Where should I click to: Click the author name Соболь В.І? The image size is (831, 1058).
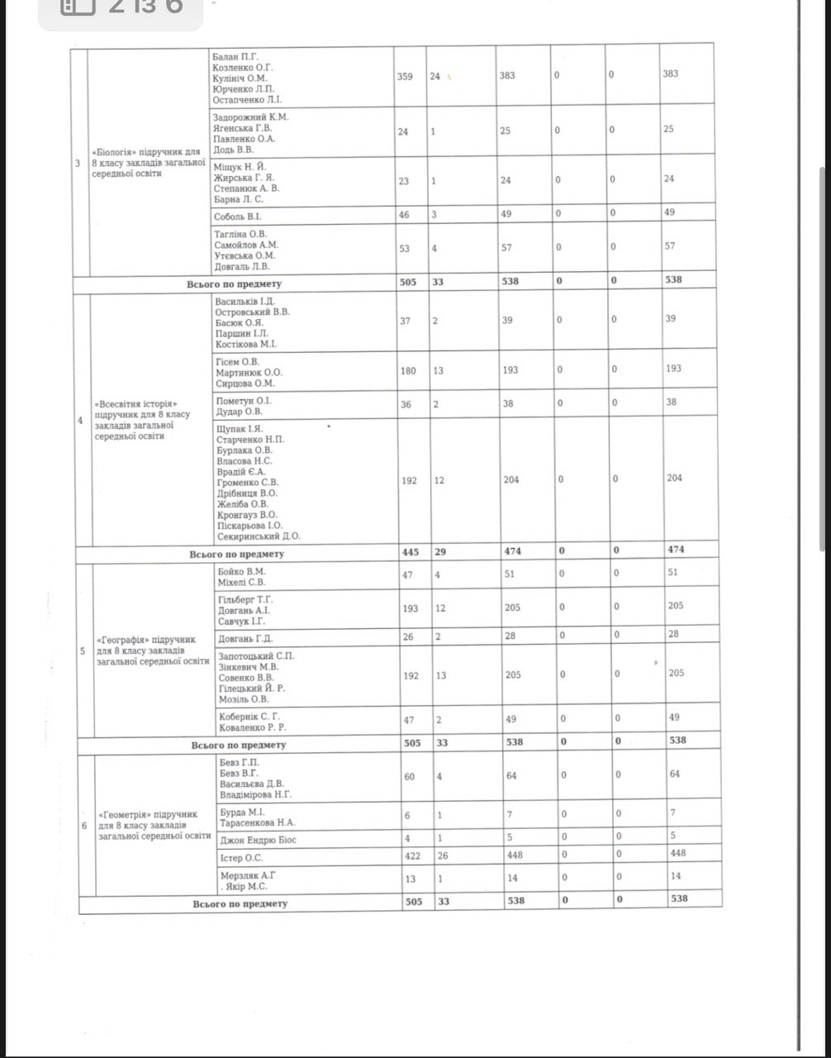tap(236, 214)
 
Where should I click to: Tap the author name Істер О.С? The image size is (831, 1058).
tap(242, 855)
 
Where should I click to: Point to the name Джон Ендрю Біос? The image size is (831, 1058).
tap(258, 840)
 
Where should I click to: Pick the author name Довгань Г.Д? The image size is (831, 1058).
tap(245, 638)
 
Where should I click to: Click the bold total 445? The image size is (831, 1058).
tap(410, 551)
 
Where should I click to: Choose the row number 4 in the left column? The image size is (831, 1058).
tap(80, 421)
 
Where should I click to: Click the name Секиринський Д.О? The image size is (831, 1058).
tap(259, 536)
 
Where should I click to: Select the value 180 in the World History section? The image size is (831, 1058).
tap(408, 370)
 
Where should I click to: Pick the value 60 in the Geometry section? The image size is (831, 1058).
tap(409, 775)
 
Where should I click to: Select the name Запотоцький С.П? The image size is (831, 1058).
tap(256, 655)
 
